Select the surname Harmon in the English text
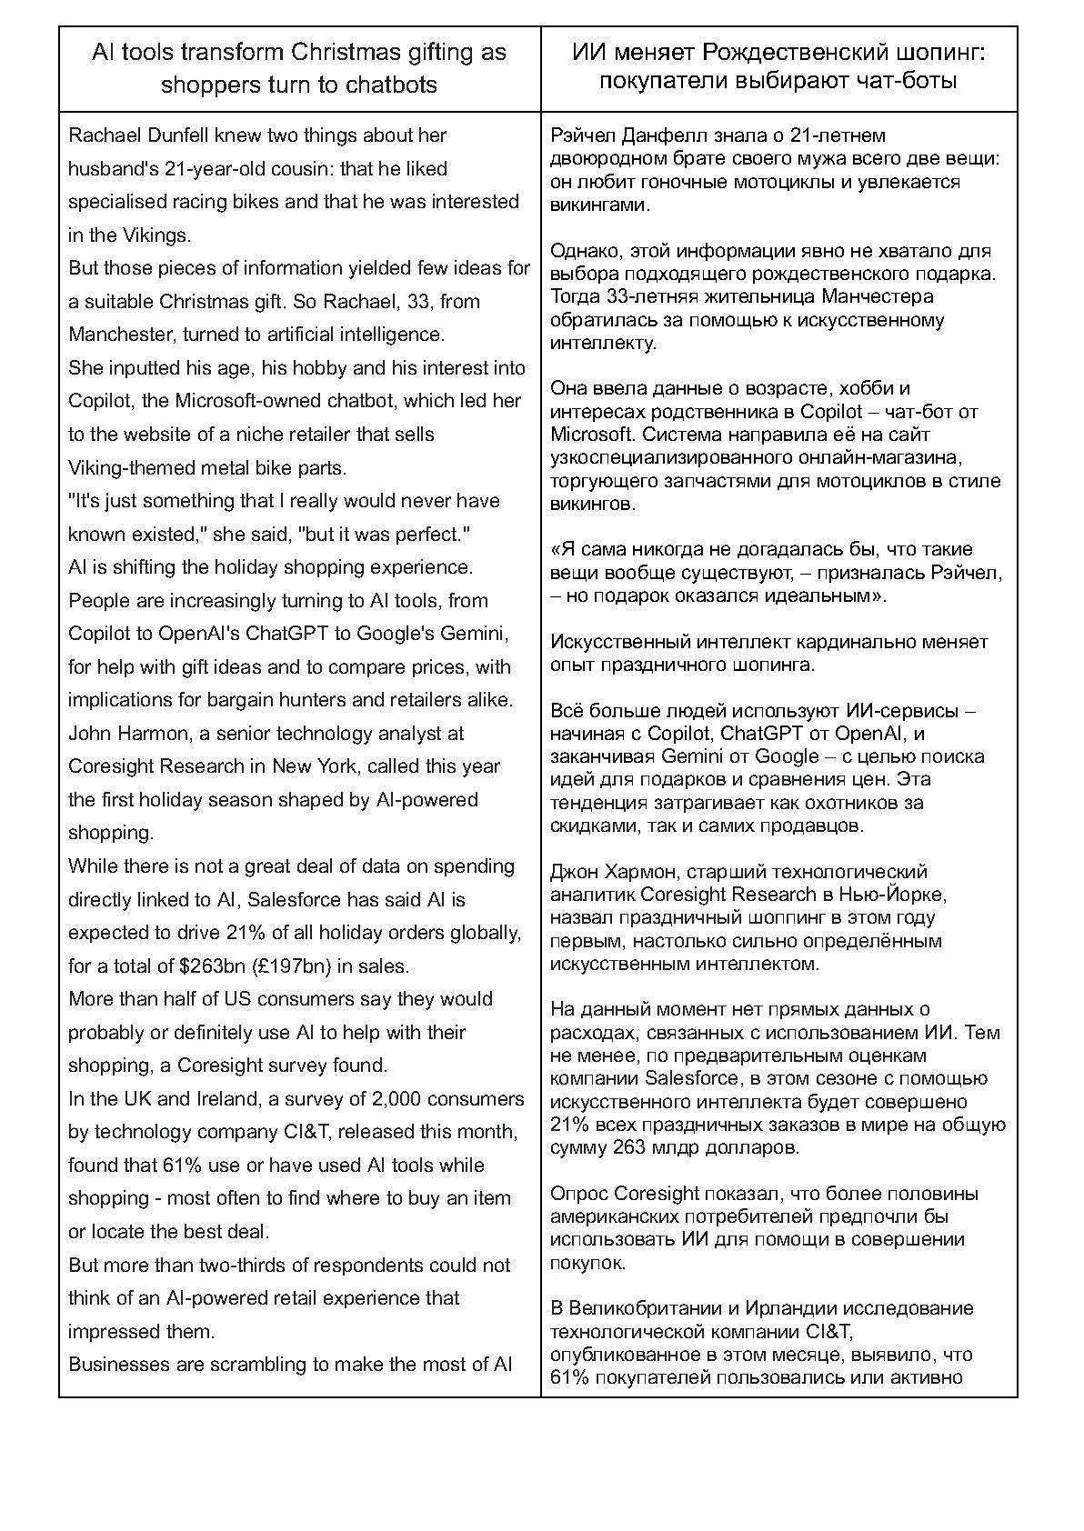click(146, 734)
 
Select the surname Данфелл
click(660, 136)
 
